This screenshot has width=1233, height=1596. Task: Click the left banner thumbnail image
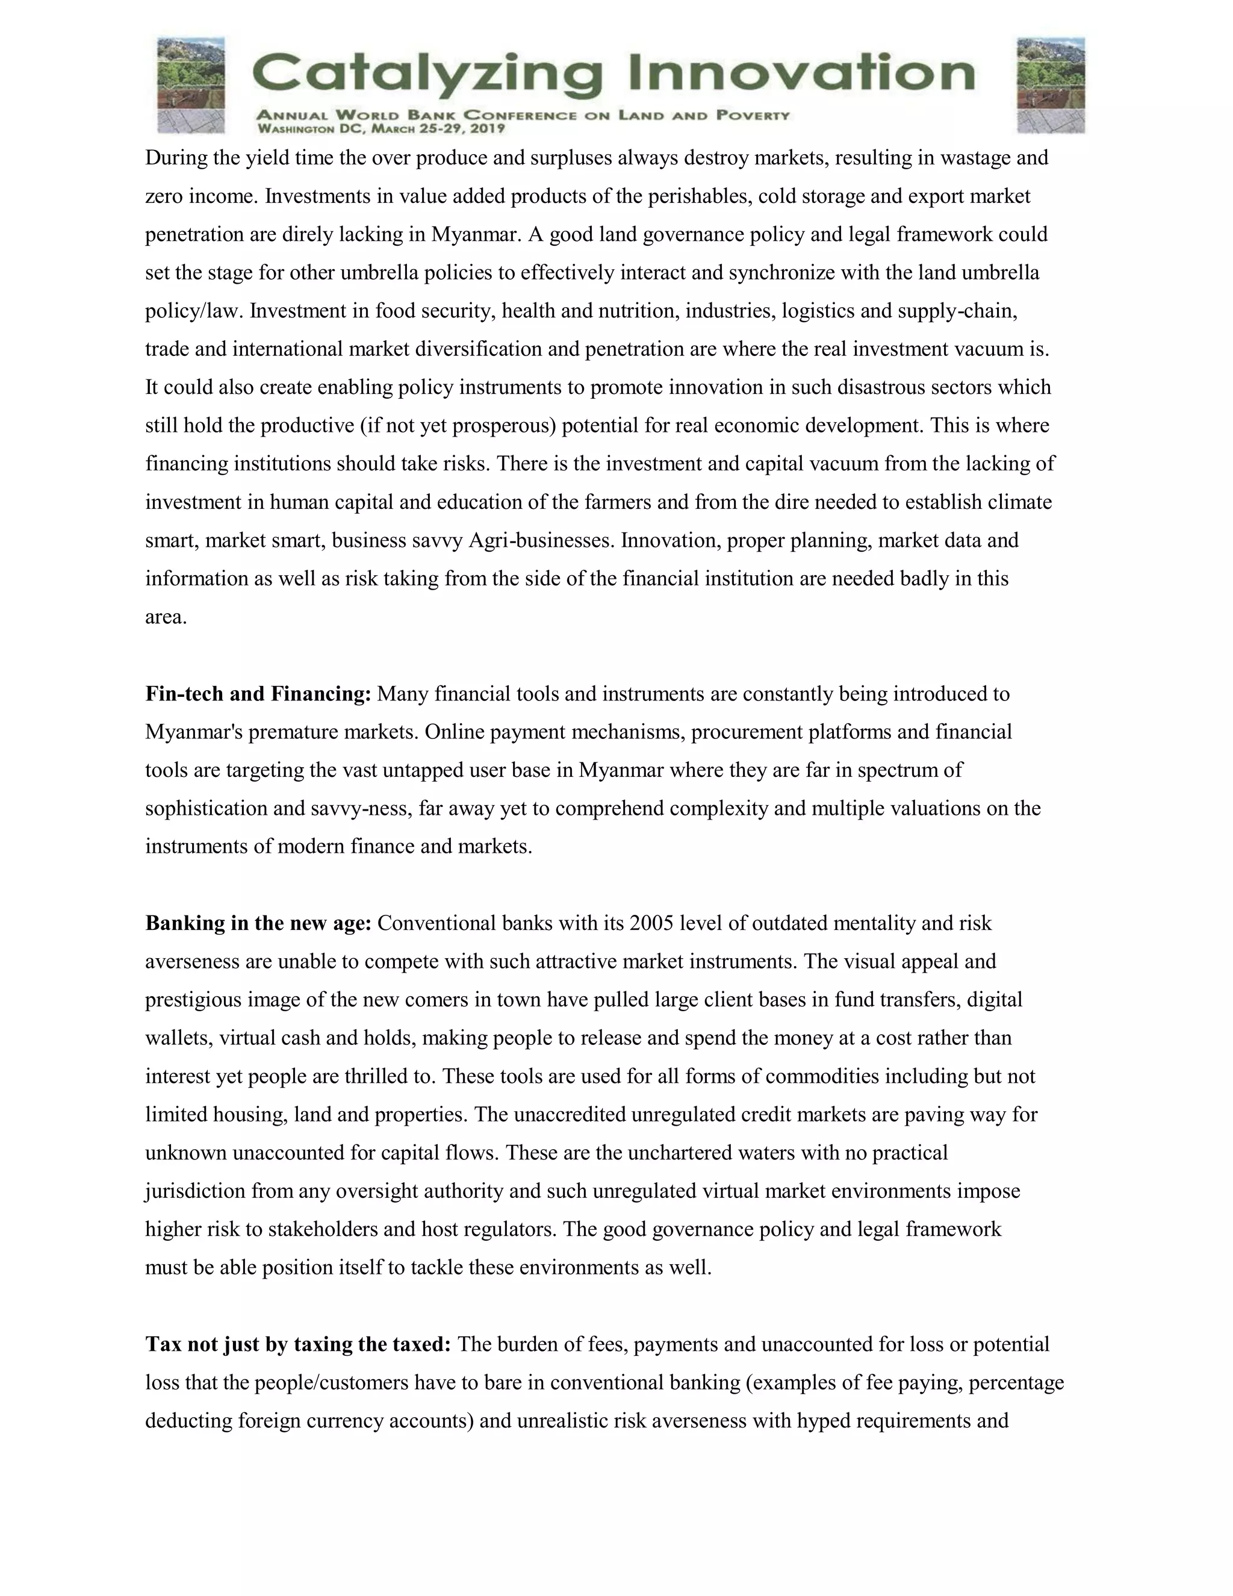point(191,86)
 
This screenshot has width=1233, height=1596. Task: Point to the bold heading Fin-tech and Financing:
point(258,693)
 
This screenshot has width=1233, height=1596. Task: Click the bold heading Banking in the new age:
point(258,923)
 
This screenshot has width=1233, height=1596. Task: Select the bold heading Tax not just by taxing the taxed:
point(299,1344)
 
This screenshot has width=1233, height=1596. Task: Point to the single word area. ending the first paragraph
point(166,617)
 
